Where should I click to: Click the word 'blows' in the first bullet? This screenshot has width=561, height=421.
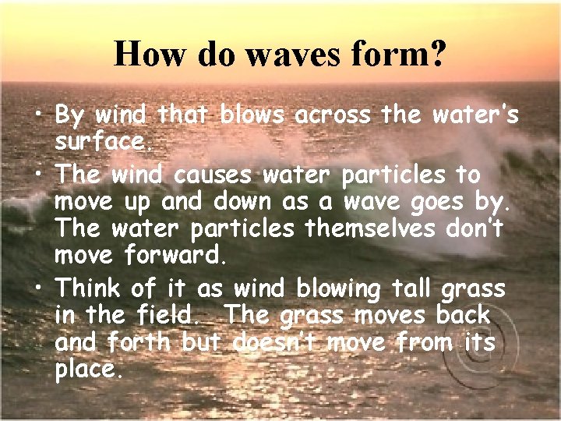point(252,115)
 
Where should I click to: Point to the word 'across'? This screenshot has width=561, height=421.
point(334,115)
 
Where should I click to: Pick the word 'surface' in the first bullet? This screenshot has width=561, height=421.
point(97,143)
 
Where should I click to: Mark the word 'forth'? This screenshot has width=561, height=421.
point(144,344)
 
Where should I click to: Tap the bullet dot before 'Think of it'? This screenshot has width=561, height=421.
point(37,290)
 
